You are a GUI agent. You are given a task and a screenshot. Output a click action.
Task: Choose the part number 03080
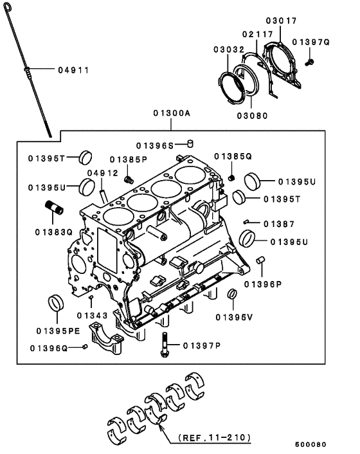pos(251,116)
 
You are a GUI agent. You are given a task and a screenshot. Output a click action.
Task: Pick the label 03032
pos(228,48)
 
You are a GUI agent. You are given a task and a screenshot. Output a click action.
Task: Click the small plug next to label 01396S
pos(190,143)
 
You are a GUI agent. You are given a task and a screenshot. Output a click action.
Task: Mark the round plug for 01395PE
pos(57,302)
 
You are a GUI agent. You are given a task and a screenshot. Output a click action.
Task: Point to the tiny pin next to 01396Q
pos(84,347)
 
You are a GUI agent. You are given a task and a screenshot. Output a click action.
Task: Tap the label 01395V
pos(233,316)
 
